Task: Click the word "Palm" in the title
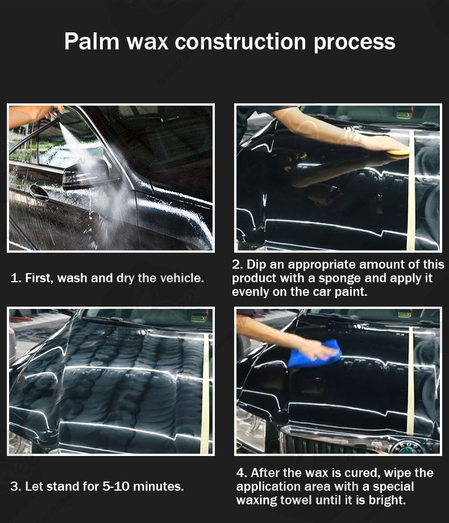tap(92, 41)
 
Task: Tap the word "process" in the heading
tap(354, 43)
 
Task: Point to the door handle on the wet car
tap(39, 193)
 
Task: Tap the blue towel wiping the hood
tap(313, 354)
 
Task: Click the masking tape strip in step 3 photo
tap(205, 394)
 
